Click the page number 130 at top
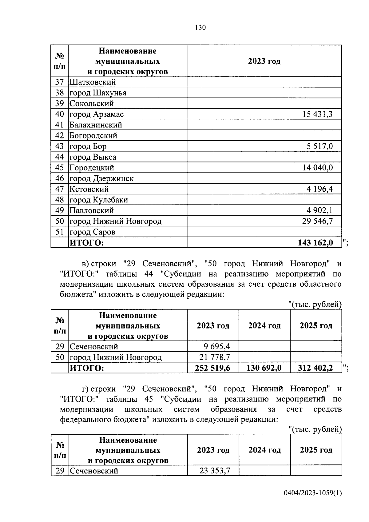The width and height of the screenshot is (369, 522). point(200,28)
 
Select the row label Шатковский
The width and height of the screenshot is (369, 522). point(93,82)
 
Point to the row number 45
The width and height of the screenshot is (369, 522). point(59,168)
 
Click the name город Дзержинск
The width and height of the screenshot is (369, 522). point(101,178)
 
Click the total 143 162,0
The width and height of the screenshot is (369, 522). point(315,243)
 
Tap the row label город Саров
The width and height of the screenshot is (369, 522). point(92,232)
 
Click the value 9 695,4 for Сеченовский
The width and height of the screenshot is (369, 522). point(216,347)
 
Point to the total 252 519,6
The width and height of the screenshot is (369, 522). point(212,368)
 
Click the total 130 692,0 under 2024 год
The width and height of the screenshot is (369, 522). point(264,368)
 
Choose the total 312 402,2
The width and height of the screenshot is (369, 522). point(315,368)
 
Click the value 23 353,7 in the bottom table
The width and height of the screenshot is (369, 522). point(215,471)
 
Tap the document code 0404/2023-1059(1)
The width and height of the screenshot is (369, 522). point(312,502)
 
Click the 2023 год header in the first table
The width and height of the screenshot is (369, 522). point(264,61)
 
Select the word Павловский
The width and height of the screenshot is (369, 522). point(92,211)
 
